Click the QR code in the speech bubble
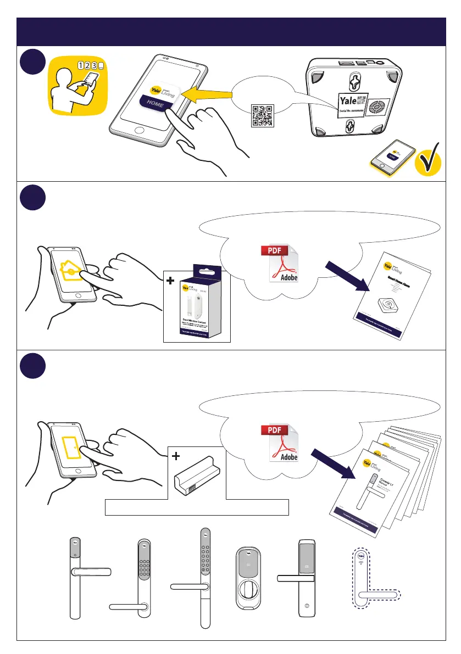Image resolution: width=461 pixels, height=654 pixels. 262,115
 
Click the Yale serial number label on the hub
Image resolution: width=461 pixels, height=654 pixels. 352,105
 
